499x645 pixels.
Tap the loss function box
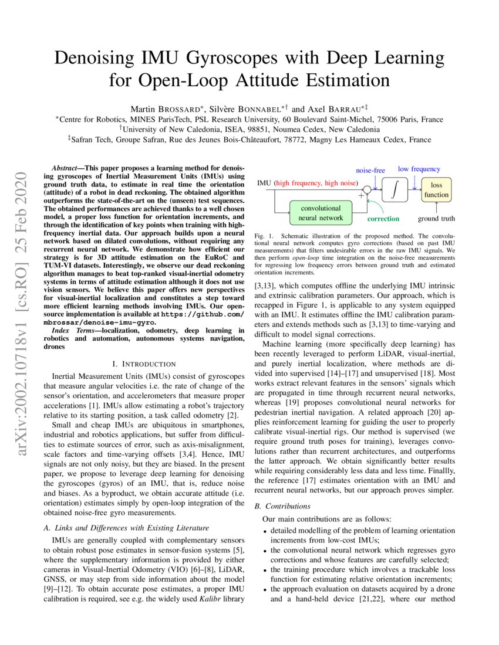[436, 189]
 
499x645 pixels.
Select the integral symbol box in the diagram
[395, 189]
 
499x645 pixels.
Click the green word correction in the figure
[383, 219]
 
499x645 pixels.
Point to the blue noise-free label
[370, 170]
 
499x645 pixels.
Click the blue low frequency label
[419, 169]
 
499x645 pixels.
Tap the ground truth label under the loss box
[436, 219]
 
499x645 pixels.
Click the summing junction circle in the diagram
[366, 189]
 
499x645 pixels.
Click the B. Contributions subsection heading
[285, 505]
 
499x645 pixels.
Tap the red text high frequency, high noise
[316, 183]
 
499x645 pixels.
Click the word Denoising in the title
[104, 59]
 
